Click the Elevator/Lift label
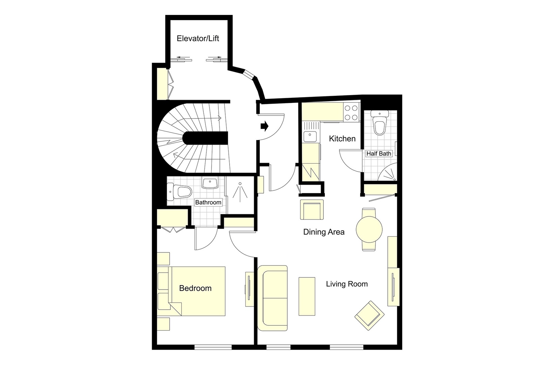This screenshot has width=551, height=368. pos(198,39)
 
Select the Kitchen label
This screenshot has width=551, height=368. pos(342,139)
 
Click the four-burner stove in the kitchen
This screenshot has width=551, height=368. pos(351,113)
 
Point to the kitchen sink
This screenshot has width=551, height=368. pos(310,137)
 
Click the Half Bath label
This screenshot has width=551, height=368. pos(379,154)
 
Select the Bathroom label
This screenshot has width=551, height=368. pos(208,202)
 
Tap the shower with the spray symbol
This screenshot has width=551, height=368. pos(240,192)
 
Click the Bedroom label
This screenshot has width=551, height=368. pos(195,288)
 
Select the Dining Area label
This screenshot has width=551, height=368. pos(324,232)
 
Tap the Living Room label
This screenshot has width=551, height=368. pos(347,284)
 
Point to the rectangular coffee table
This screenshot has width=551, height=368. pos(307,296)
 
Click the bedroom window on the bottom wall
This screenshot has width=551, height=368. pos(213,348)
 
